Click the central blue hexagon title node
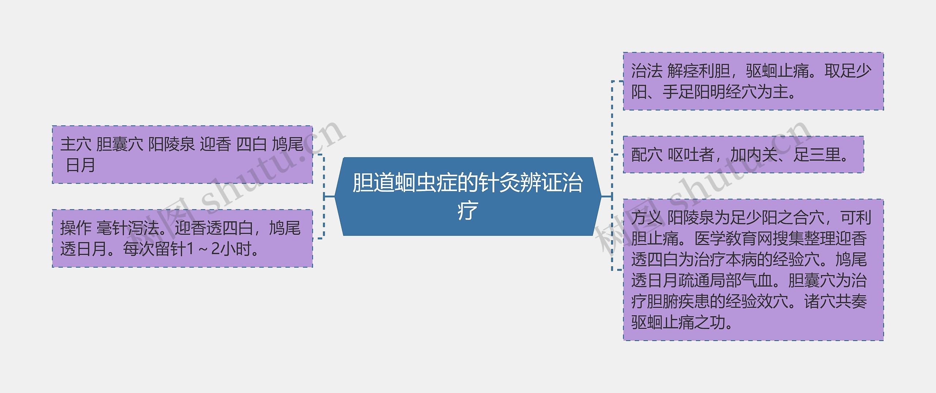click(x=468, y=197)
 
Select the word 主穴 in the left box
click(x=75, y=144)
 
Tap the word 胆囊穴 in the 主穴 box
click(x=120, y=144)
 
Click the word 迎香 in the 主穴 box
click(x=215, y=144)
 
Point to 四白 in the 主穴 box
click(x=251, y=144)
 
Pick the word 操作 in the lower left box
click(x=75, y=228)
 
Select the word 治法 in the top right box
click(x=646, y=71)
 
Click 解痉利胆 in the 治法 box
click(x=698, y=71)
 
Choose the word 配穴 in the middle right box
click(x=646, y=155)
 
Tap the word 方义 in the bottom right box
click(x=646, y=218)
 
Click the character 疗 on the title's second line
click(x=468, y=211)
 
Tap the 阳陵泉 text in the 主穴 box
click(x=171, y=144)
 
